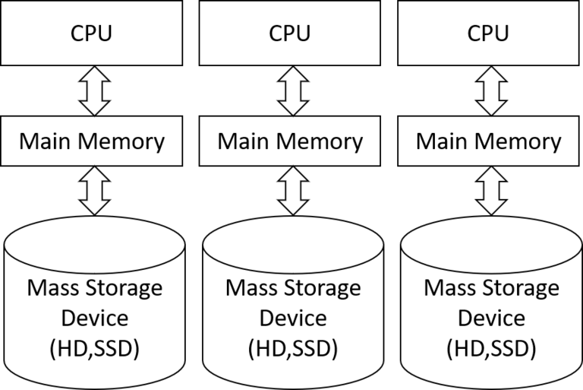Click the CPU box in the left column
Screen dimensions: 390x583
[92, 33]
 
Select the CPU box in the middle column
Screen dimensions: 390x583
[291, 33]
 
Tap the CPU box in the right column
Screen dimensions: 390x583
[490, 33]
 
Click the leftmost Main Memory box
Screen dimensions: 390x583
[92, 141]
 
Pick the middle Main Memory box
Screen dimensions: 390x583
[291, 141]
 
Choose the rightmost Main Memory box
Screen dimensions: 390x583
[490, 141]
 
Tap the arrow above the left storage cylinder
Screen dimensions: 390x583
[94, 192]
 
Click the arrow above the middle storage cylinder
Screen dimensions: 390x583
[291, 192]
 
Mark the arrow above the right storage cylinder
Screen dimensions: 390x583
[491, 192]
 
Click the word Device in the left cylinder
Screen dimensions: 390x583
[94, 318]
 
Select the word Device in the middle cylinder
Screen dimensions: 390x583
[292, 318]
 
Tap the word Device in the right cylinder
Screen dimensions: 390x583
[491, 318]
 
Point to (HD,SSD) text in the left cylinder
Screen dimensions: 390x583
[94, 347]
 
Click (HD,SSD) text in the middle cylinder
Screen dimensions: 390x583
[292, 347]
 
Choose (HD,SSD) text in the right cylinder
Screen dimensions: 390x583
[491, 347]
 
